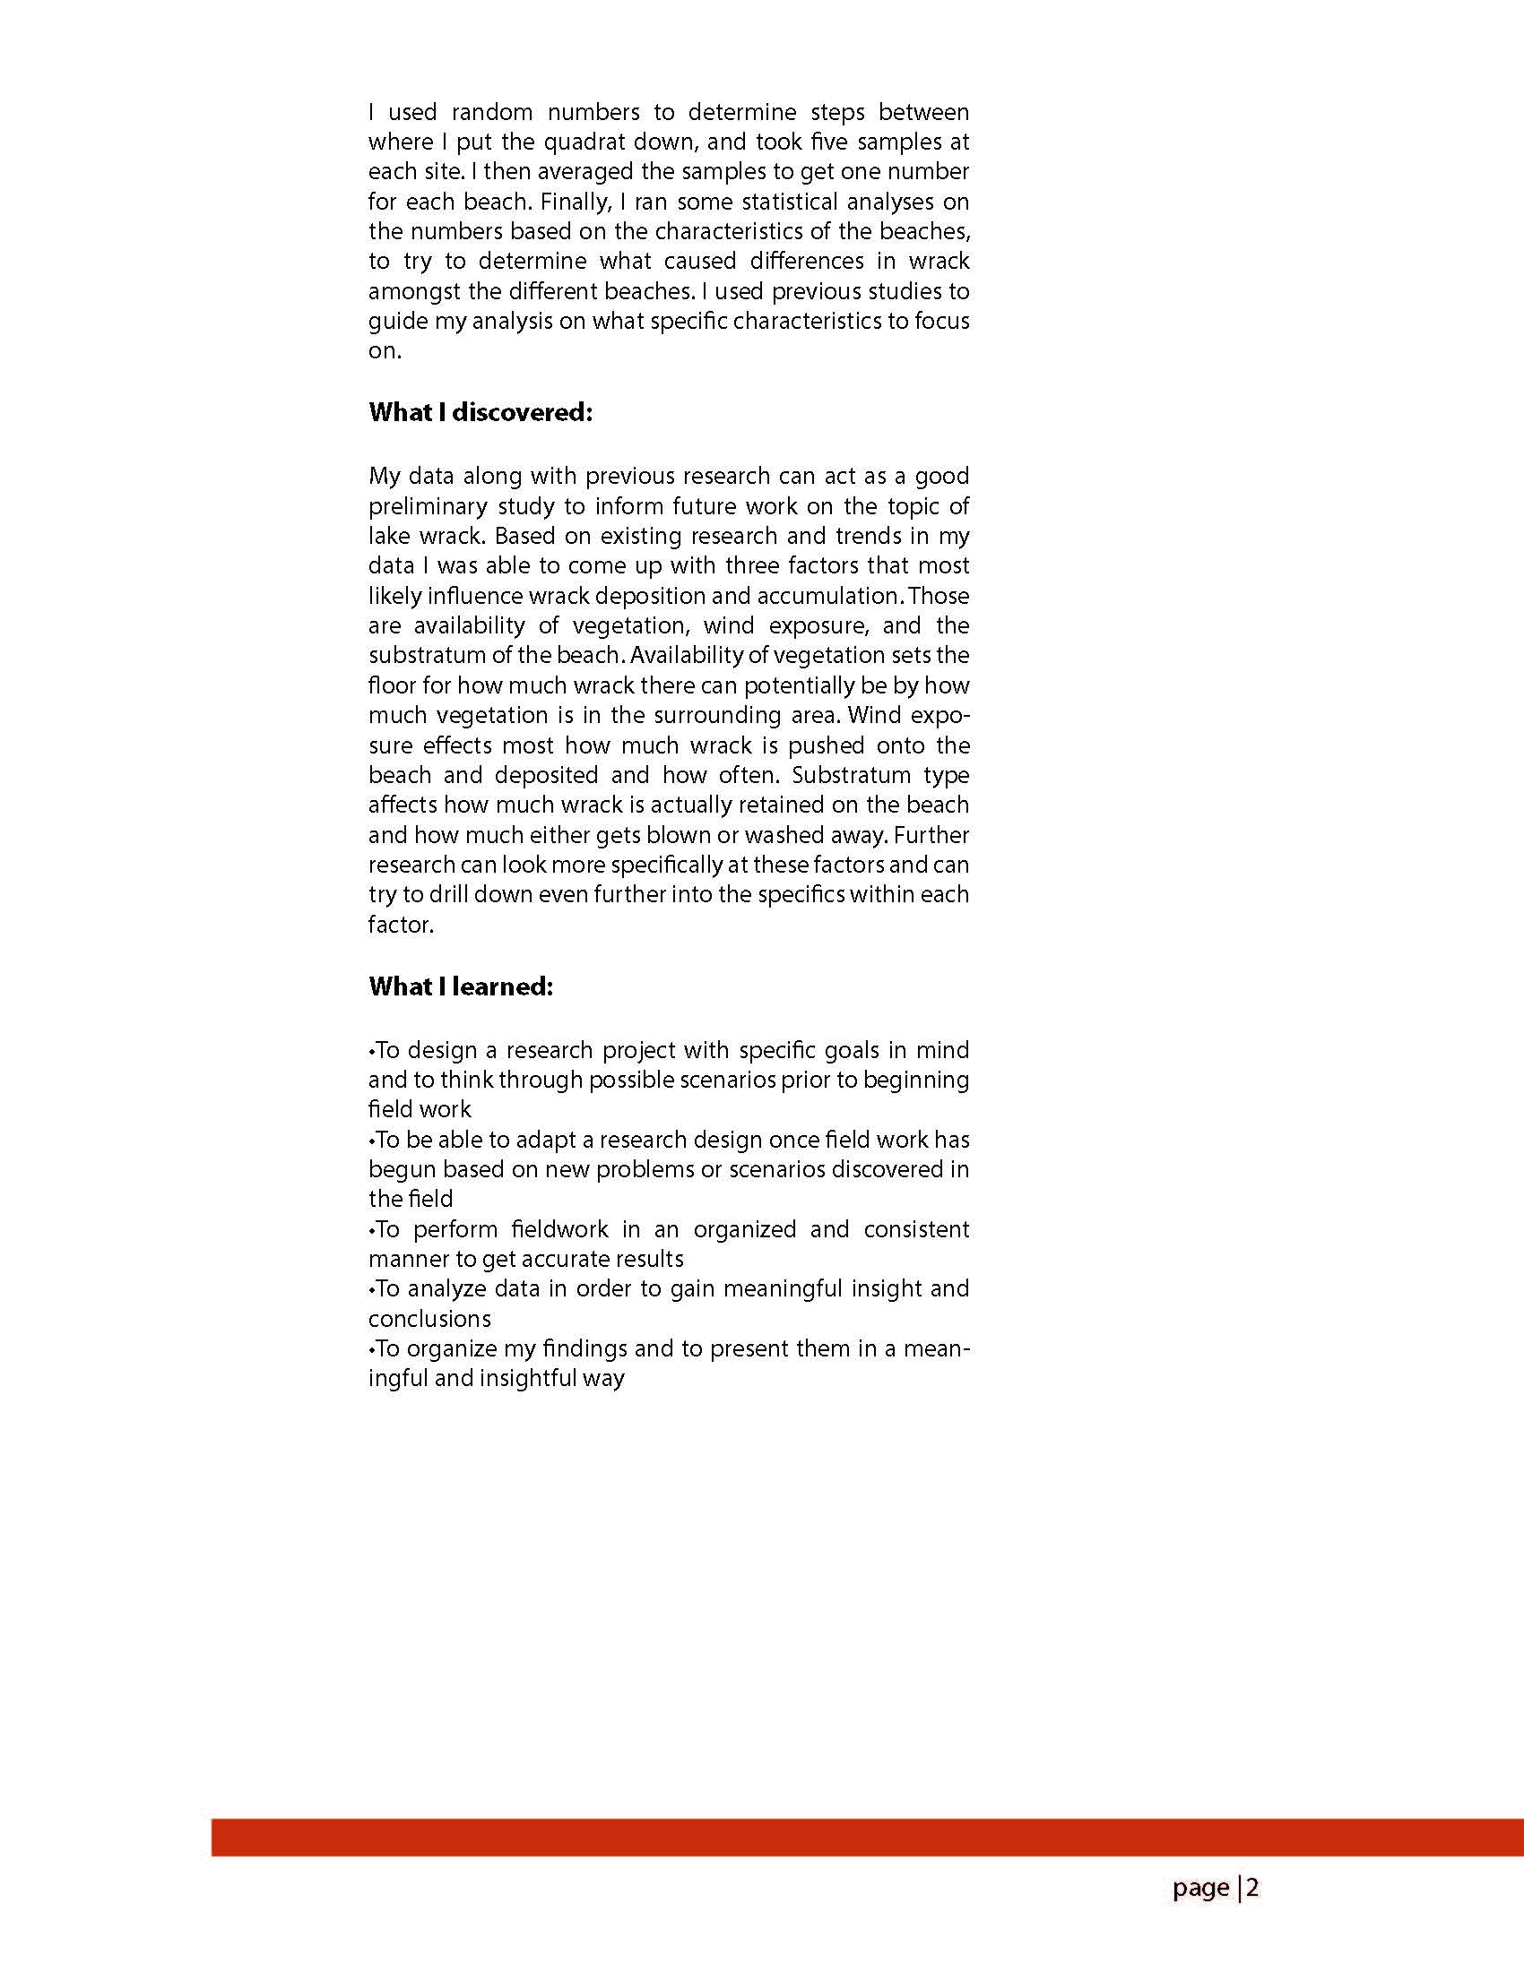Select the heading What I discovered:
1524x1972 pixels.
481,413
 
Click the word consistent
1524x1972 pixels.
916,1230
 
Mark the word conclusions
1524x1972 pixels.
429,1319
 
